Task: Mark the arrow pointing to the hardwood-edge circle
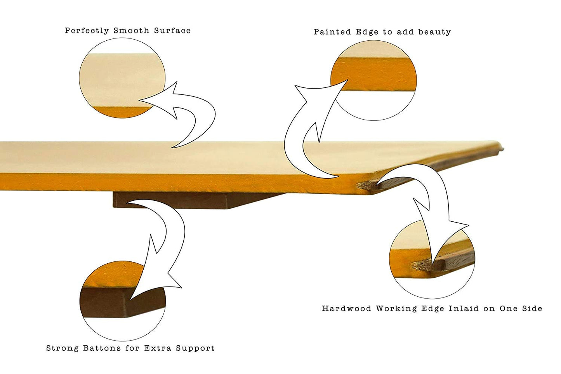click(x=431, y=198)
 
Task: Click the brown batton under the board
click(x=175, y=200)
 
